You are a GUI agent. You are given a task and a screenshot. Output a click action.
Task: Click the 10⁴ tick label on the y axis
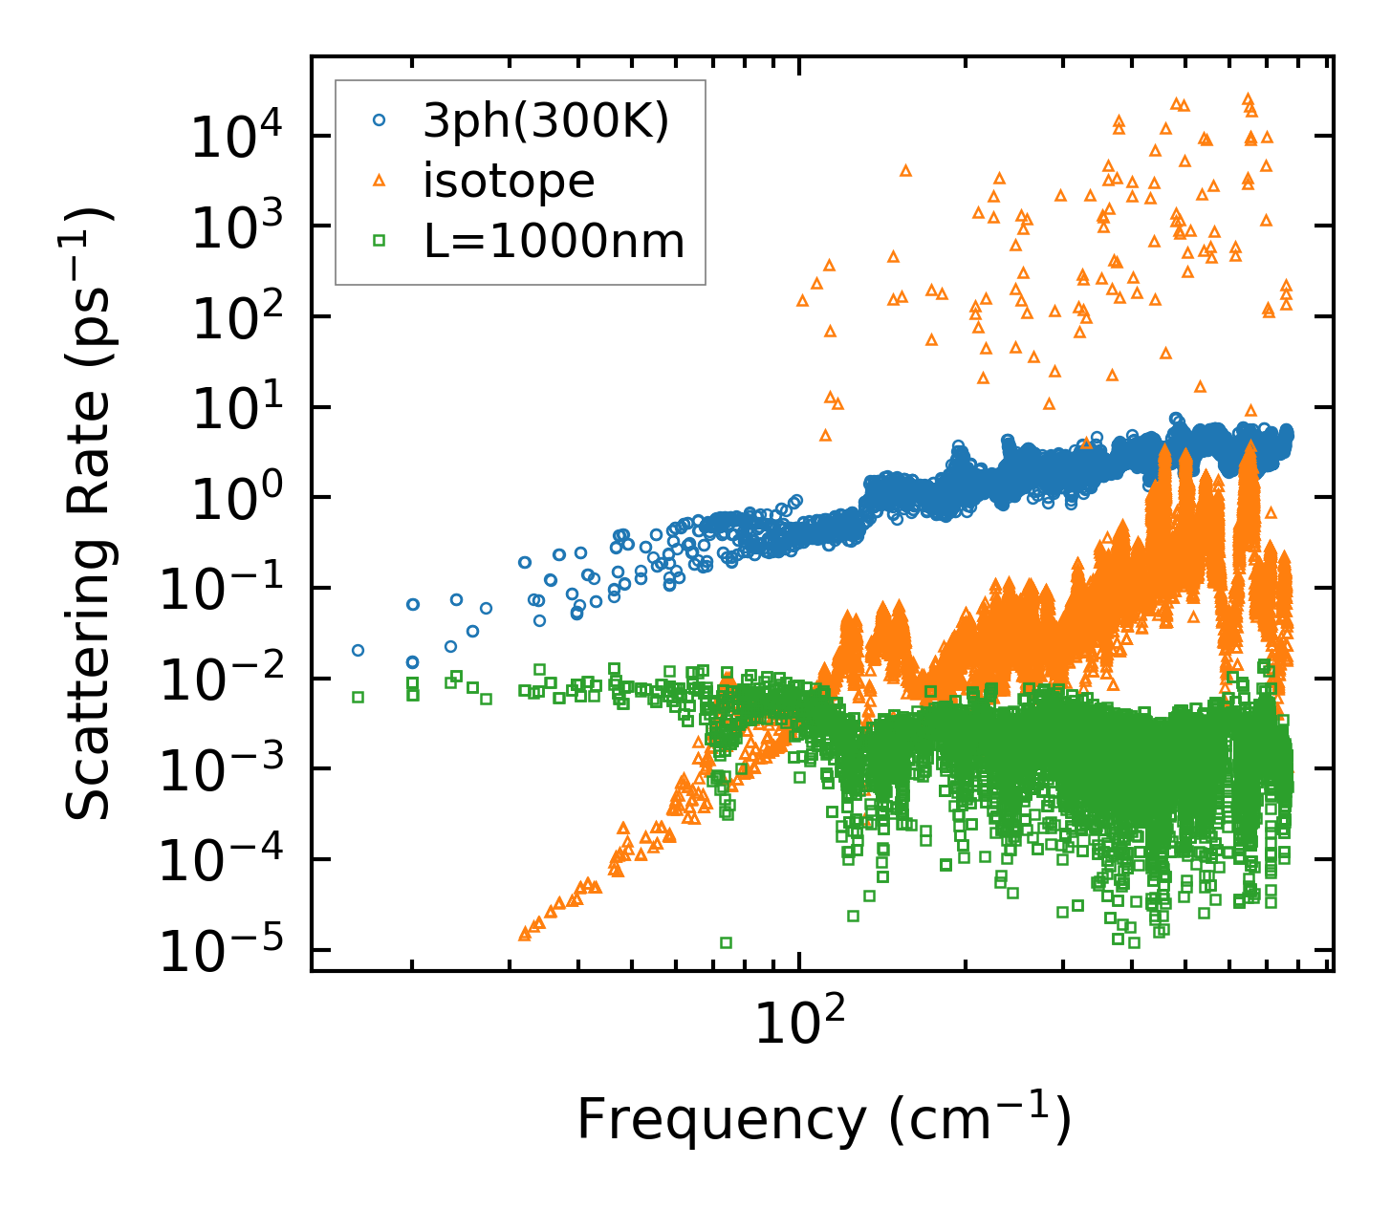[239, 137]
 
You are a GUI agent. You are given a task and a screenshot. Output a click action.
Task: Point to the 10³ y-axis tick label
[239, 227]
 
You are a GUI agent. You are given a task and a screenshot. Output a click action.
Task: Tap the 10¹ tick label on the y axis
[239, 408]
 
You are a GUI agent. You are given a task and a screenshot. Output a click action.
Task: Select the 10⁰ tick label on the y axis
[239, 499]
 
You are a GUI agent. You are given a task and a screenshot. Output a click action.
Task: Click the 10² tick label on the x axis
[799, 1024]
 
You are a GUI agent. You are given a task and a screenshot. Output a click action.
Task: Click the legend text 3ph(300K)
[546, 121]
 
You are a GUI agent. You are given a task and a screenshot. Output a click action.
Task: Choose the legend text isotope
[509, 181]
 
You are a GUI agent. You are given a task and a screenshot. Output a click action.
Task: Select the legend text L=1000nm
[554, 241]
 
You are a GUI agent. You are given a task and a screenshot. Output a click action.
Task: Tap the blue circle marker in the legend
[380, 120]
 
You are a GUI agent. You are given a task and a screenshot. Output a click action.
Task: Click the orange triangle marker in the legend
[380, 180]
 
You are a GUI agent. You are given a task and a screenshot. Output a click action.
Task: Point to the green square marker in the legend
[380, 241]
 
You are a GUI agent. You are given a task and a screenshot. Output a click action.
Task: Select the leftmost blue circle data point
[359, 650]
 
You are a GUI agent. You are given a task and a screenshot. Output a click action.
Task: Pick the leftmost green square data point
[359, 697]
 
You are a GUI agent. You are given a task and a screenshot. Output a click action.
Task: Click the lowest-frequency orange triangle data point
[524, 933]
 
